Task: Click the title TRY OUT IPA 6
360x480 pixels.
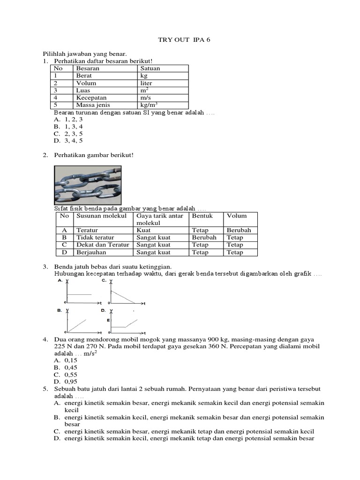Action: click(184, 40)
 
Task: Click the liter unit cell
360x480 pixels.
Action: click(146, 83)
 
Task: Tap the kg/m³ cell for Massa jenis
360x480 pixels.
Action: click(150, 105)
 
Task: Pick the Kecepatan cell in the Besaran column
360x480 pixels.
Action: click(89, 98)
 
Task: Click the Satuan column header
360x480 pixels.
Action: click(150, 68)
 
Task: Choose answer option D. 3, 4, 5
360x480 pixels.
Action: click(68, 140)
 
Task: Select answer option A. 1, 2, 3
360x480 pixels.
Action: click(68, 120)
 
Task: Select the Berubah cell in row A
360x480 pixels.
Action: click(239, 230)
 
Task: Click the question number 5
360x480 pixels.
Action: click(45, 389)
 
